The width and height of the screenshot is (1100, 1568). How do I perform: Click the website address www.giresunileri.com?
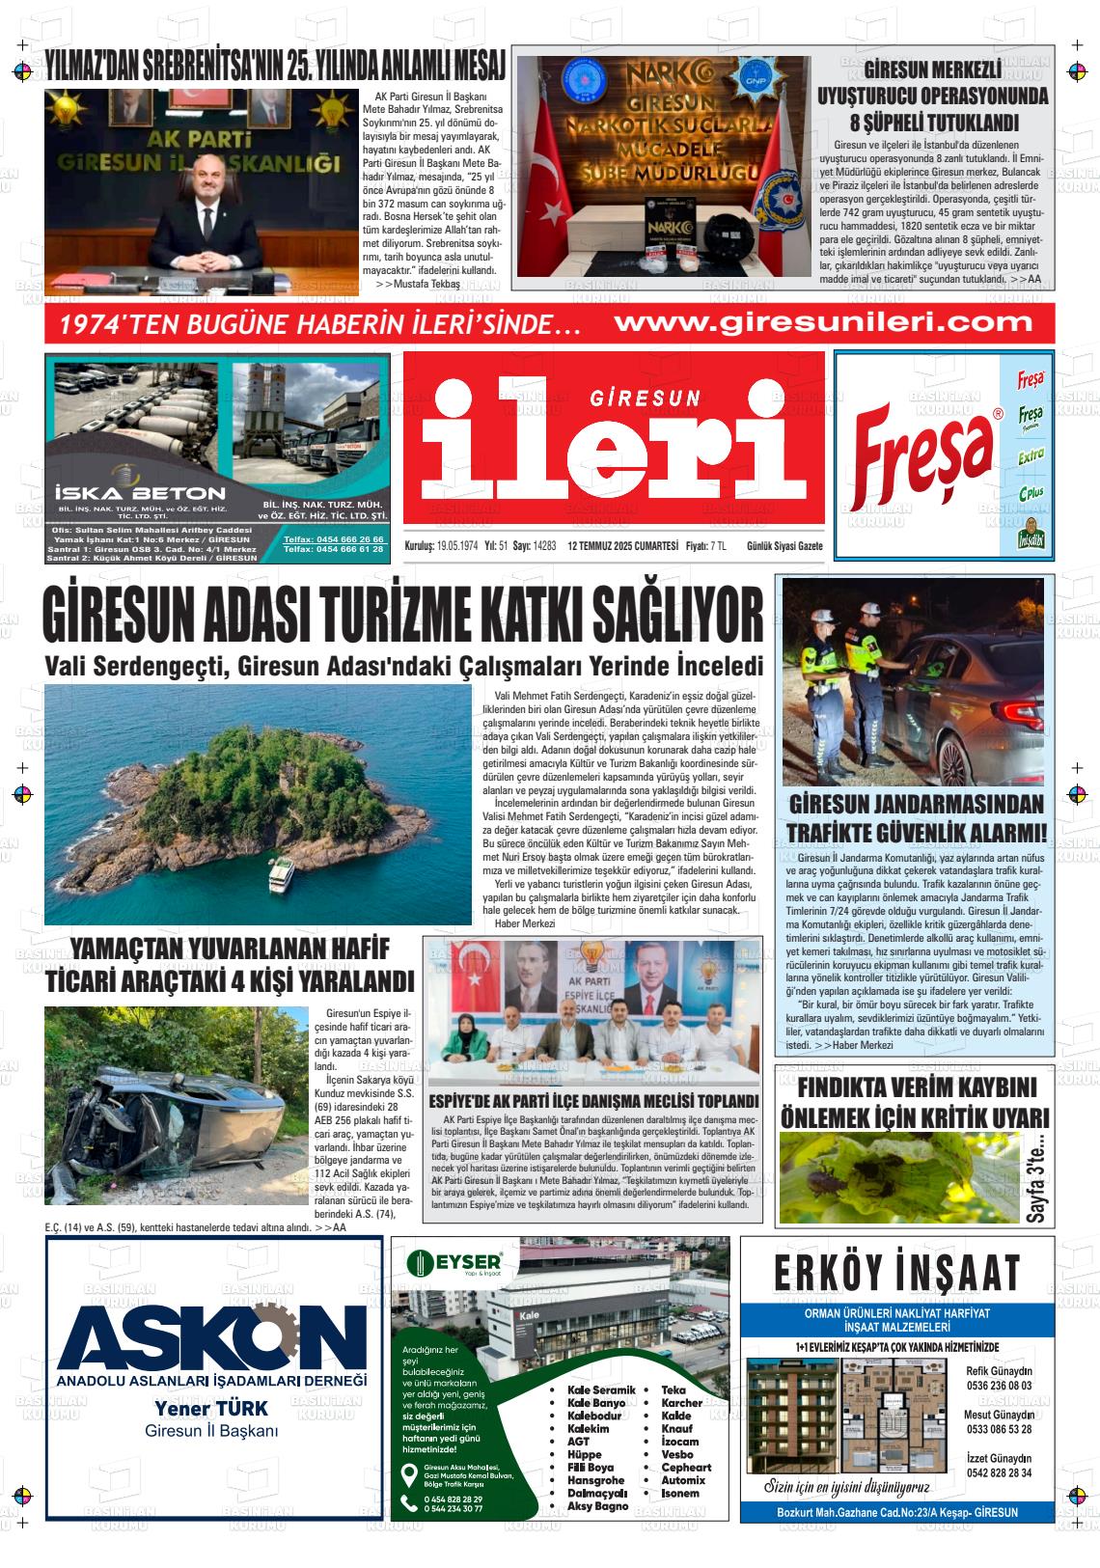[810, 322]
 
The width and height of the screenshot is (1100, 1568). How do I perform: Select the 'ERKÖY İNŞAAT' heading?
[896, 1272]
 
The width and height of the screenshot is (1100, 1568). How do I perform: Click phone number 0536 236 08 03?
[999, 1385]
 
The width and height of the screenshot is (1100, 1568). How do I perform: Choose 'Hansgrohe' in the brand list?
[595, 1479]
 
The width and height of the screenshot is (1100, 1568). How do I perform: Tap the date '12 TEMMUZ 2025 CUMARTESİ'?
[623, 545]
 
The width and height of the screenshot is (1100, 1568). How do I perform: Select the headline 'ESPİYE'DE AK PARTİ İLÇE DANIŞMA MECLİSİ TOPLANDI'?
[592, 1101]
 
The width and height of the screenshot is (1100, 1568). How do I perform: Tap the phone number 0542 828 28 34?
[999, 1472]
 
